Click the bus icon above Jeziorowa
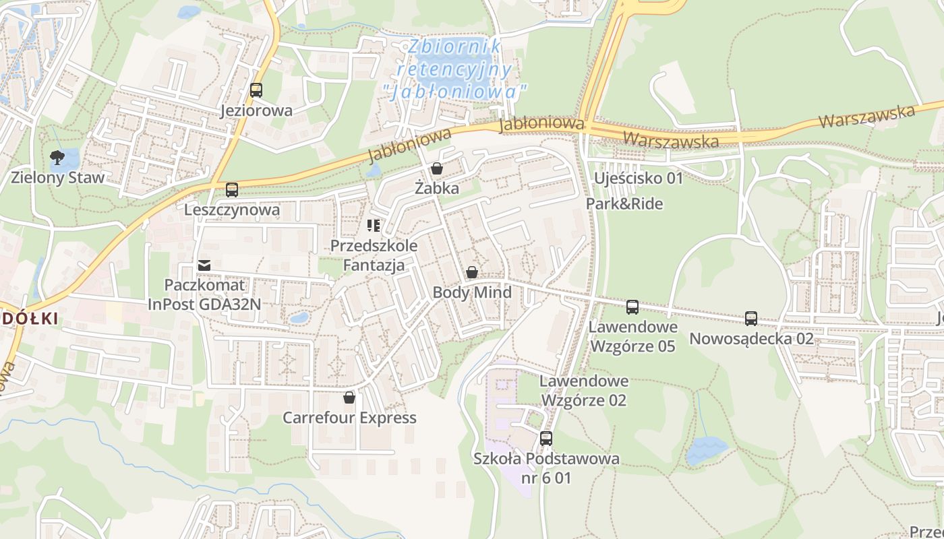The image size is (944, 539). [x=256, y=90]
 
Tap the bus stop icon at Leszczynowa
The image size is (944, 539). [x=232, y=190]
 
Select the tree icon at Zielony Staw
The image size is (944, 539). [x=57, y=158]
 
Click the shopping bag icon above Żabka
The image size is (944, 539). [x=437, y=168]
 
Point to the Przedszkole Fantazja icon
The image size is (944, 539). [x=374, y=226]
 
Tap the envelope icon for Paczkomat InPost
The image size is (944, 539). [x=204, y=265]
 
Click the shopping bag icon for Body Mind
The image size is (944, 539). [x=472, y=272]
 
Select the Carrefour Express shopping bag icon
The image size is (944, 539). [x=349, y=398]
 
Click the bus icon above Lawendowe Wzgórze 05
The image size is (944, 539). [x=632, y=307]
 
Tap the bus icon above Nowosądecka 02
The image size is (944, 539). [x=751, y=319]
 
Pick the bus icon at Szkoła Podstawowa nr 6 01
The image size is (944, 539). [x=546, y=439]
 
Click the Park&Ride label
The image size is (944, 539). [x=624, y=203]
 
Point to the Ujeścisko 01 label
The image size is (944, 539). [x=638, y=179]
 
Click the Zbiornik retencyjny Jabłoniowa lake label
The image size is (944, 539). [x=454, y=68]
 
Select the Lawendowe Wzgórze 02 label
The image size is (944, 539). [x=584, y=391]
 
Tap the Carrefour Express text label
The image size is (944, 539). [x=349, y=418]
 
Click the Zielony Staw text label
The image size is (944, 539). [x=58, y=178]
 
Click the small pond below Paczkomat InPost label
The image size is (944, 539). [x=299, y=317]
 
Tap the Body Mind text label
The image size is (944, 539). [x=472, y=292]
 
